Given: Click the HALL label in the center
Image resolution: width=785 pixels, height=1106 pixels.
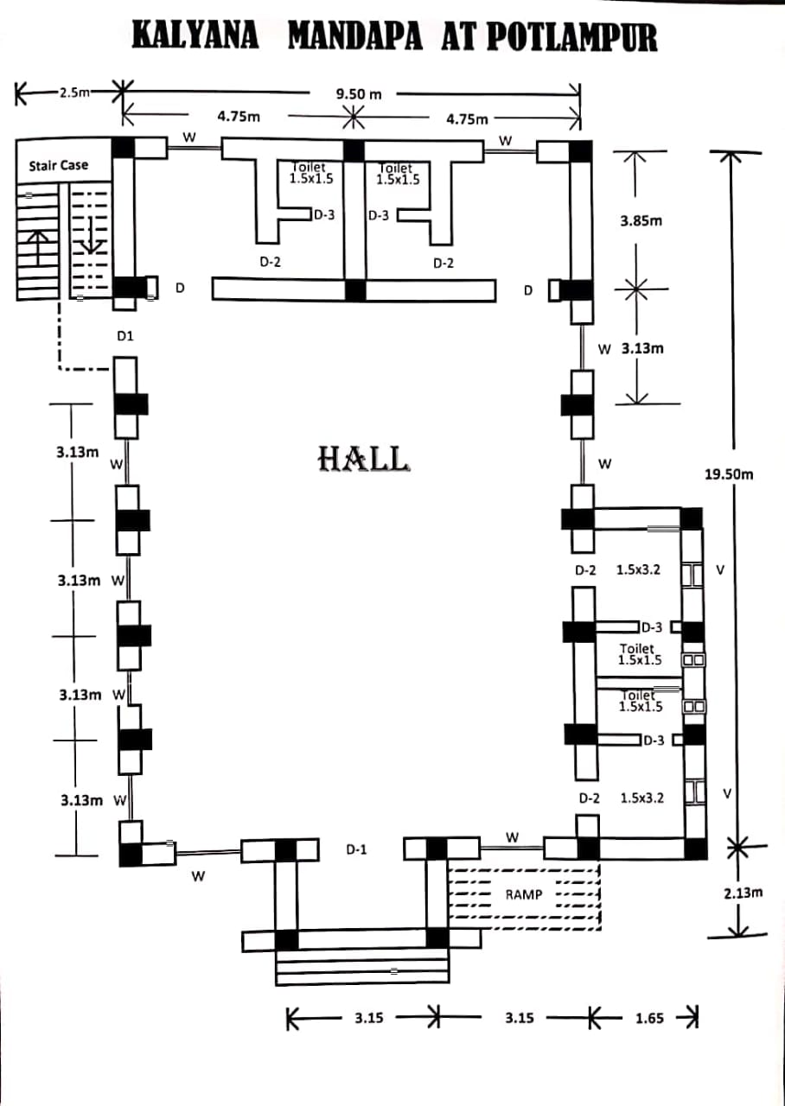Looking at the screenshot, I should click(363, 459).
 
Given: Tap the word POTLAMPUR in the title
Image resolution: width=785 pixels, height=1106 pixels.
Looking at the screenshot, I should click(571, 38).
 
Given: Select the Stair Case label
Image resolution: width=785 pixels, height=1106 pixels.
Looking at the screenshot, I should click(59, 165).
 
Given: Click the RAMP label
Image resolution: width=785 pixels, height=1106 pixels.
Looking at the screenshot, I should click(524, 894).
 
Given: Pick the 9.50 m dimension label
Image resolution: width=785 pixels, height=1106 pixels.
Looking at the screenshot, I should click(358, 93).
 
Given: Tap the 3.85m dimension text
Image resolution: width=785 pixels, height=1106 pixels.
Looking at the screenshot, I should click(641, 221).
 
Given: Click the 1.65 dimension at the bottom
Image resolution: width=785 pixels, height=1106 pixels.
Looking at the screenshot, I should click(649, 1018).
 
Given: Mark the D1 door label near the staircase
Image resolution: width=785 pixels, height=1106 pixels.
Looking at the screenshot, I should click(125, 335).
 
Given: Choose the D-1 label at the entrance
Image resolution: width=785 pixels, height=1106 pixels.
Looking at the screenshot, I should click(356, 849).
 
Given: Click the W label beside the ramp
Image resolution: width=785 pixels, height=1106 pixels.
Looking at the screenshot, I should click(512, 836).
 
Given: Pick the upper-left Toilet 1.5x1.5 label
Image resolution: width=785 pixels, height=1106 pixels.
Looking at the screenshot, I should click(310, 174).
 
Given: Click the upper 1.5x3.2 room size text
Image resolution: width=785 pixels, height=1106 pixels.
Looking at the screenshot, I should click(638, 570).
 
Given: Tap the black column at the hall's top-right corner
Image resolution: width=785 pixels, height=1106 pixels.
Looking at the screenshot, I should click(579, 150).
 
